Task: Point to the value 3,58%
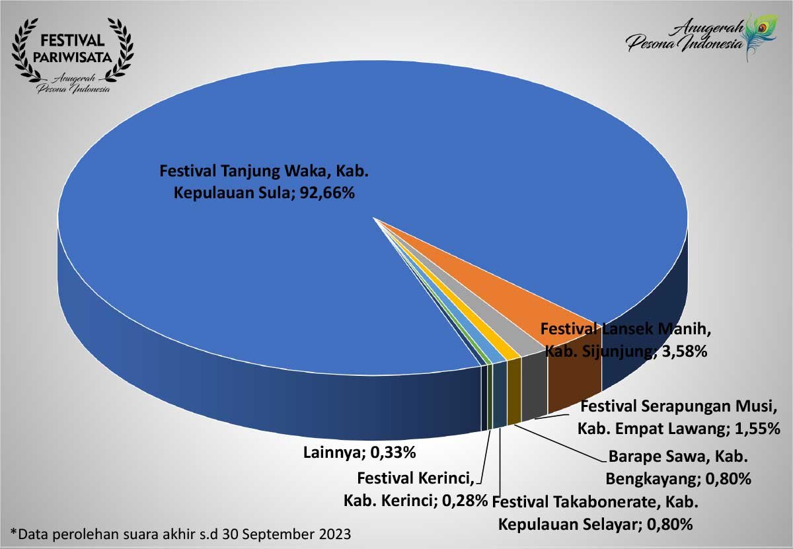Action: coord(683,352)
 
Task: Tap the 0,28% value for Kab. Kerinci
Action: coord(464,500)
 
